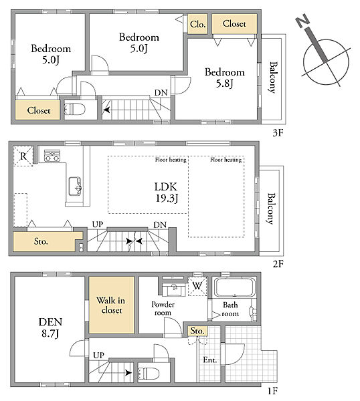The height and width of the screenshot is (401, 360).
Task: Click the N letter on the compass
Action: pos(302,21)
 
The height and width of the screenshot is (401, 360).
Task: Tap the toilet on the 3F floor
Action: pos(74,110)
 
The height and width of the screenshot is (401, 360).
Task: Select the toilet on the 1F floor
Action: pos(149,373)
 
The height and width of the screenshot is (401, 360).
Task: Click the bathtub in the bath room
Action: pos(235,287)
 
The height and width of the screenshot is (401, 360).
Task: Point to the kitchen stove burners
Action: pos(52,156)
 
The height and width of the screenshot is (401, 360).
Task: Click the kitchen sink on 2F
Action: pos(75,186)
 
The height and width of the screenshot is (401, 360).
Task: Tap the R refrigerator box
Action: pos(23,156)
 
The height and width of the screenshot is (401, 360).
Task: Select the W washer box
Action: pos(197,286)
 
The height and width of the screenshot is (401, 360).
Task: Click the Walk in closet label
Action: pos(111,305)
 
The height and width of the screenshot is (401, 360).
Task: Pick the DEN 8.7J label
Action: pos(50,327)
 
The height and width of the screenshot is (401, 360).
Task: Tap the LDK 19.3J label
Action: pos(166,192)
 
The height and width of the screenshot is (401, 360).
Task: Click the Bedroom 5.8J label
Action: pos(225,78)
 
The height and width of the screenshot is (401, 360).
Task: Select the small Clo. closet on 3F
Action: pos(197,24)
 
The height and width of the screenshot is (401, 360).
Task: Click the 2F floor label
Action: pos(278,264)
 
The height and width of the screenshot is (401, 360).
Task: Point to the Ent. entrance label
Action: pos(210,360)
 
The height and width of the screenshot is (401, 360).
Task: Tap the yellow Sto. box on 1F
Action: pos(197,331)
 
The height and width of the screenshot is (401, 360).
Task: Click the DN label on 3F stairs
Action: pos(161,93)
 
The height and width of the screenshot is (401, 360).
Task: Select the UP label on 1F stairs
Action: pos(98,356)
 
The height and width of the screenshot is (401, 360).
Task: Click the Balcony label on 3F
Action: pos(273,78)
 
